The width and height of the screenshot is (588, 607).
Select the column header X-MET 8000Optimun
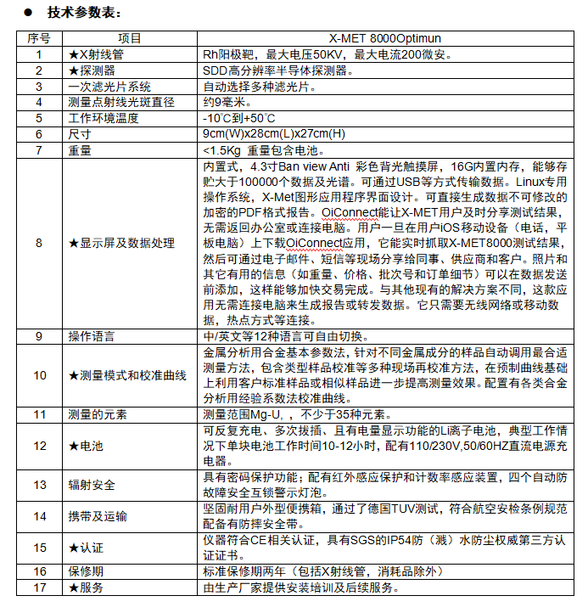coord(385,38)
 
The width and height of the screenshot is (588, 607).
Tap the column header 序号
coord(39,38)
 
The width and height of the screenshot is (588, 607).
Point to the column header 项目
coord(130,38)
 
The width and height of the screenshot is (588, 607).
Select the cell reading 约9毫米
coord(225,102)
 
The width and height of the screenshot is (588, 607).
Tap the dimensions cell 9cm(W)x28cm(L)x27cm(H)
coord(274,134)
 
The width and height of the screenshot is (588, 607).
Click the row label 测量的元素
coord(96,414)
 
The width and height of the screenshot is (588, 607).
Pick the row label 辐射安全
coord(91,485)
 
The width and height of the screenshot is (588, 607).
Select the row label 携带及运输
coord(96,516)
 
